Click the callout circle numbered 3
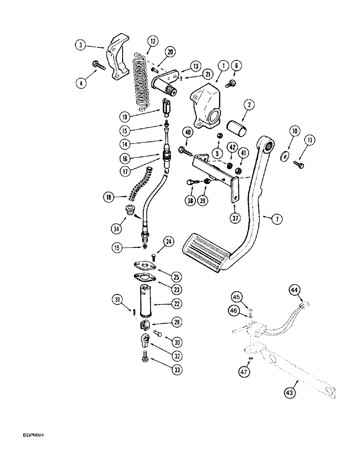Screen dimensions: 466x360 (81, 45)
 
